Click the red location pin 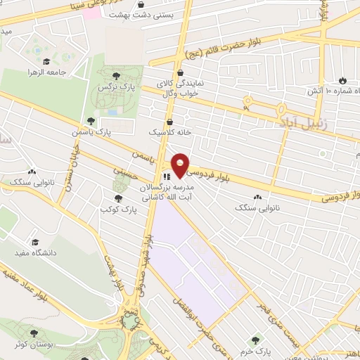pos(180,165)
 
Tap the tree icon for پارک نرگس pos(115,76)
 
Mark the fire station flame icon pos(343,81)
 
